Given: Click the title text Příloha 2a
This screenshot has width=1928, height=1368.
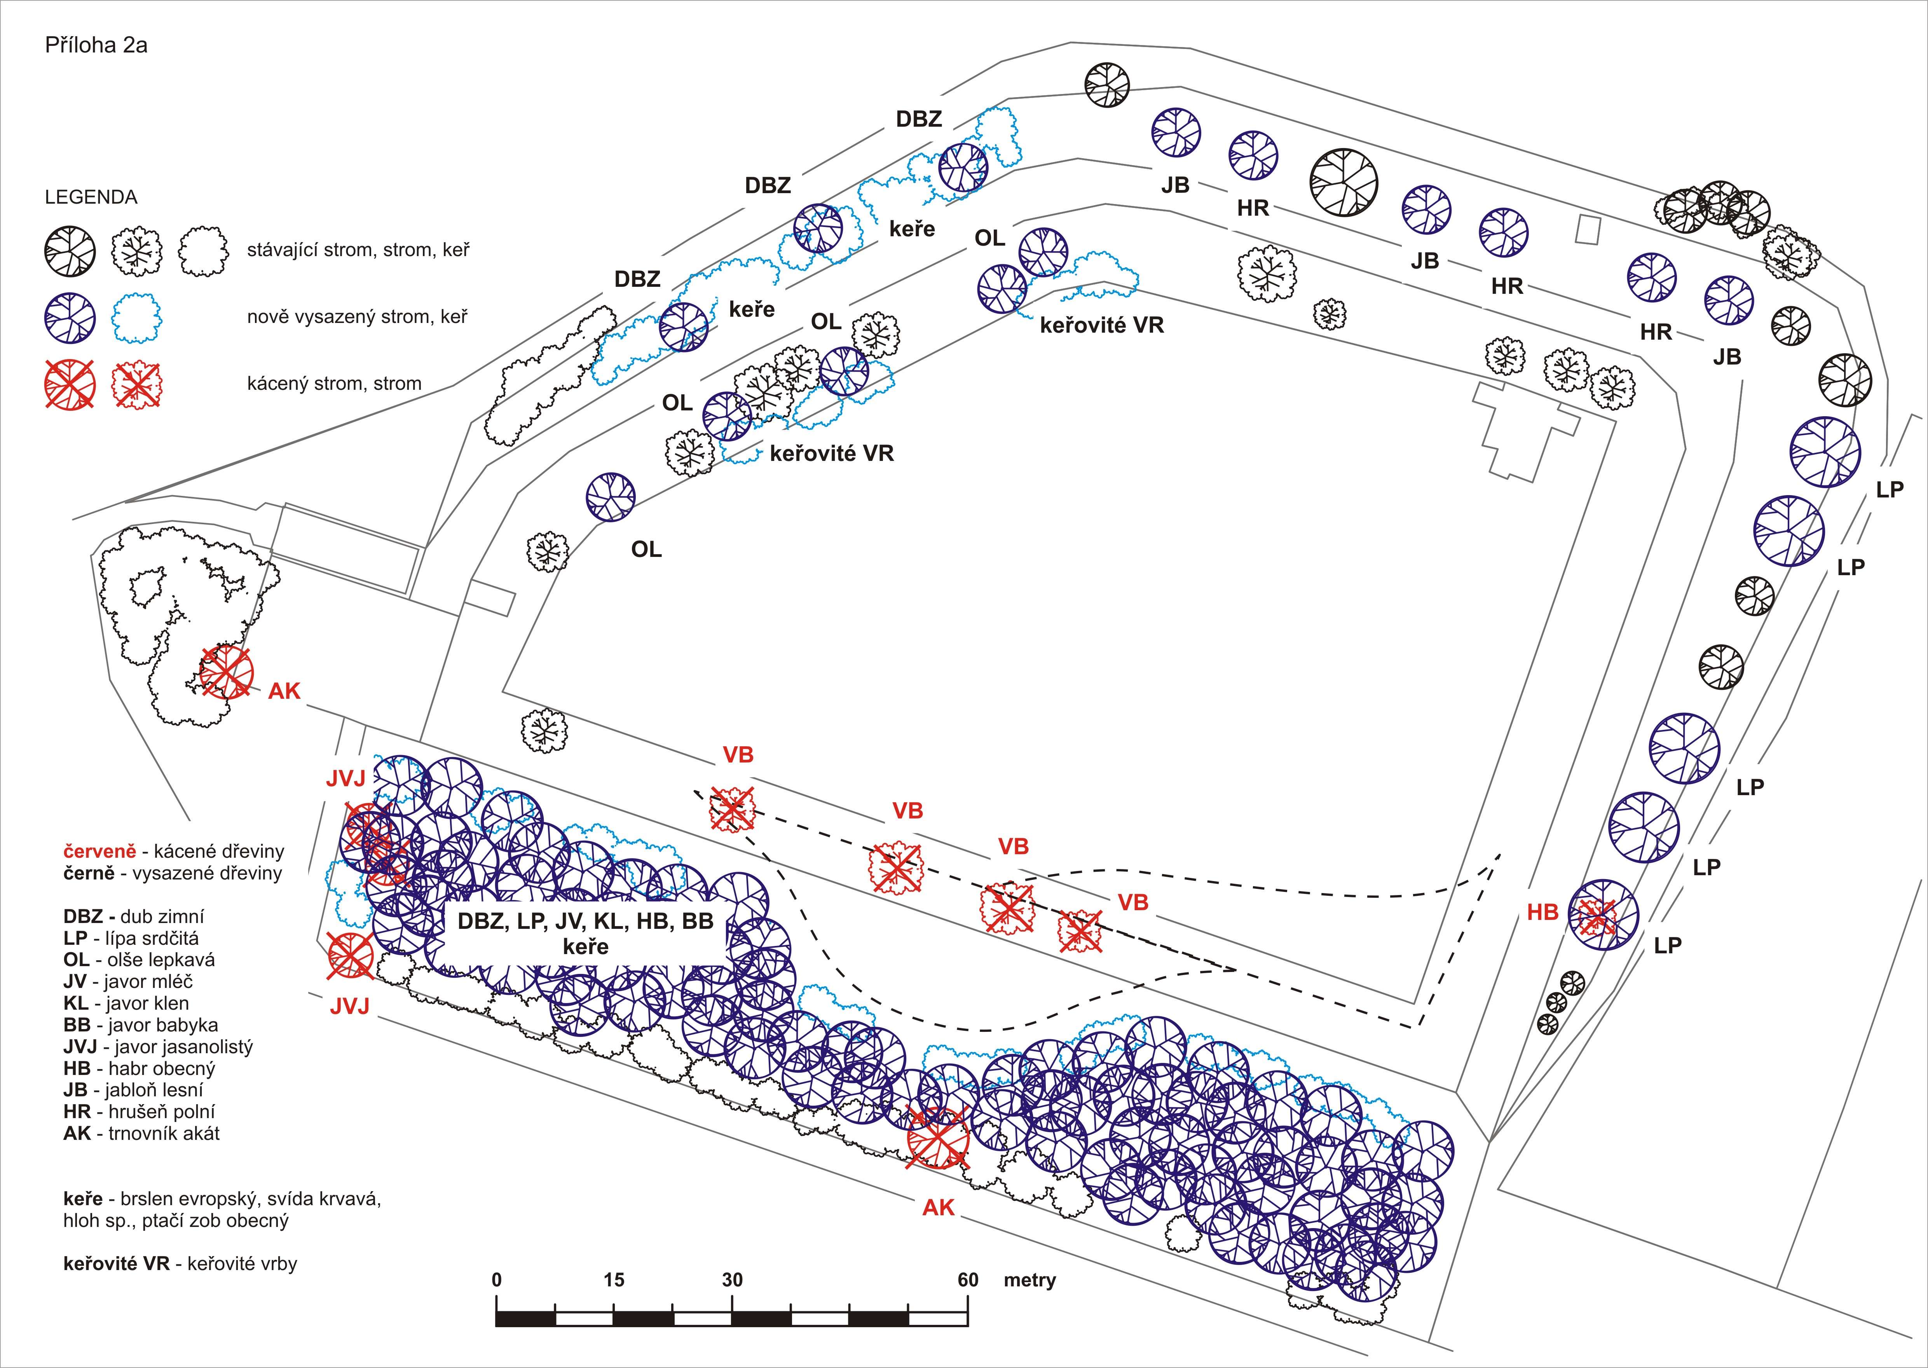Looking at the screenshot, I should pyautogui.click(x=96, y=45).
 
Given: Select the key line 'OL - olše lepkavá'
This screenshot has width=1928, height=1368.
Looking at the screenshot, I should pyautogui.click(x=139, y=960).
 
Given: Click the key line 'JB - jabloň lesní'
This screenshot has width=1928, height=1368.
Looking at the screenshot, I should pyautogui.click(x=133, y=1090).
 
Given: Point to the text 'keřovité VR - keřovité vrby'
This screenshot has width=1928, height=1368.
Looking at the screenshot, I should pyautogui.click(x=180, y=1263).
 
